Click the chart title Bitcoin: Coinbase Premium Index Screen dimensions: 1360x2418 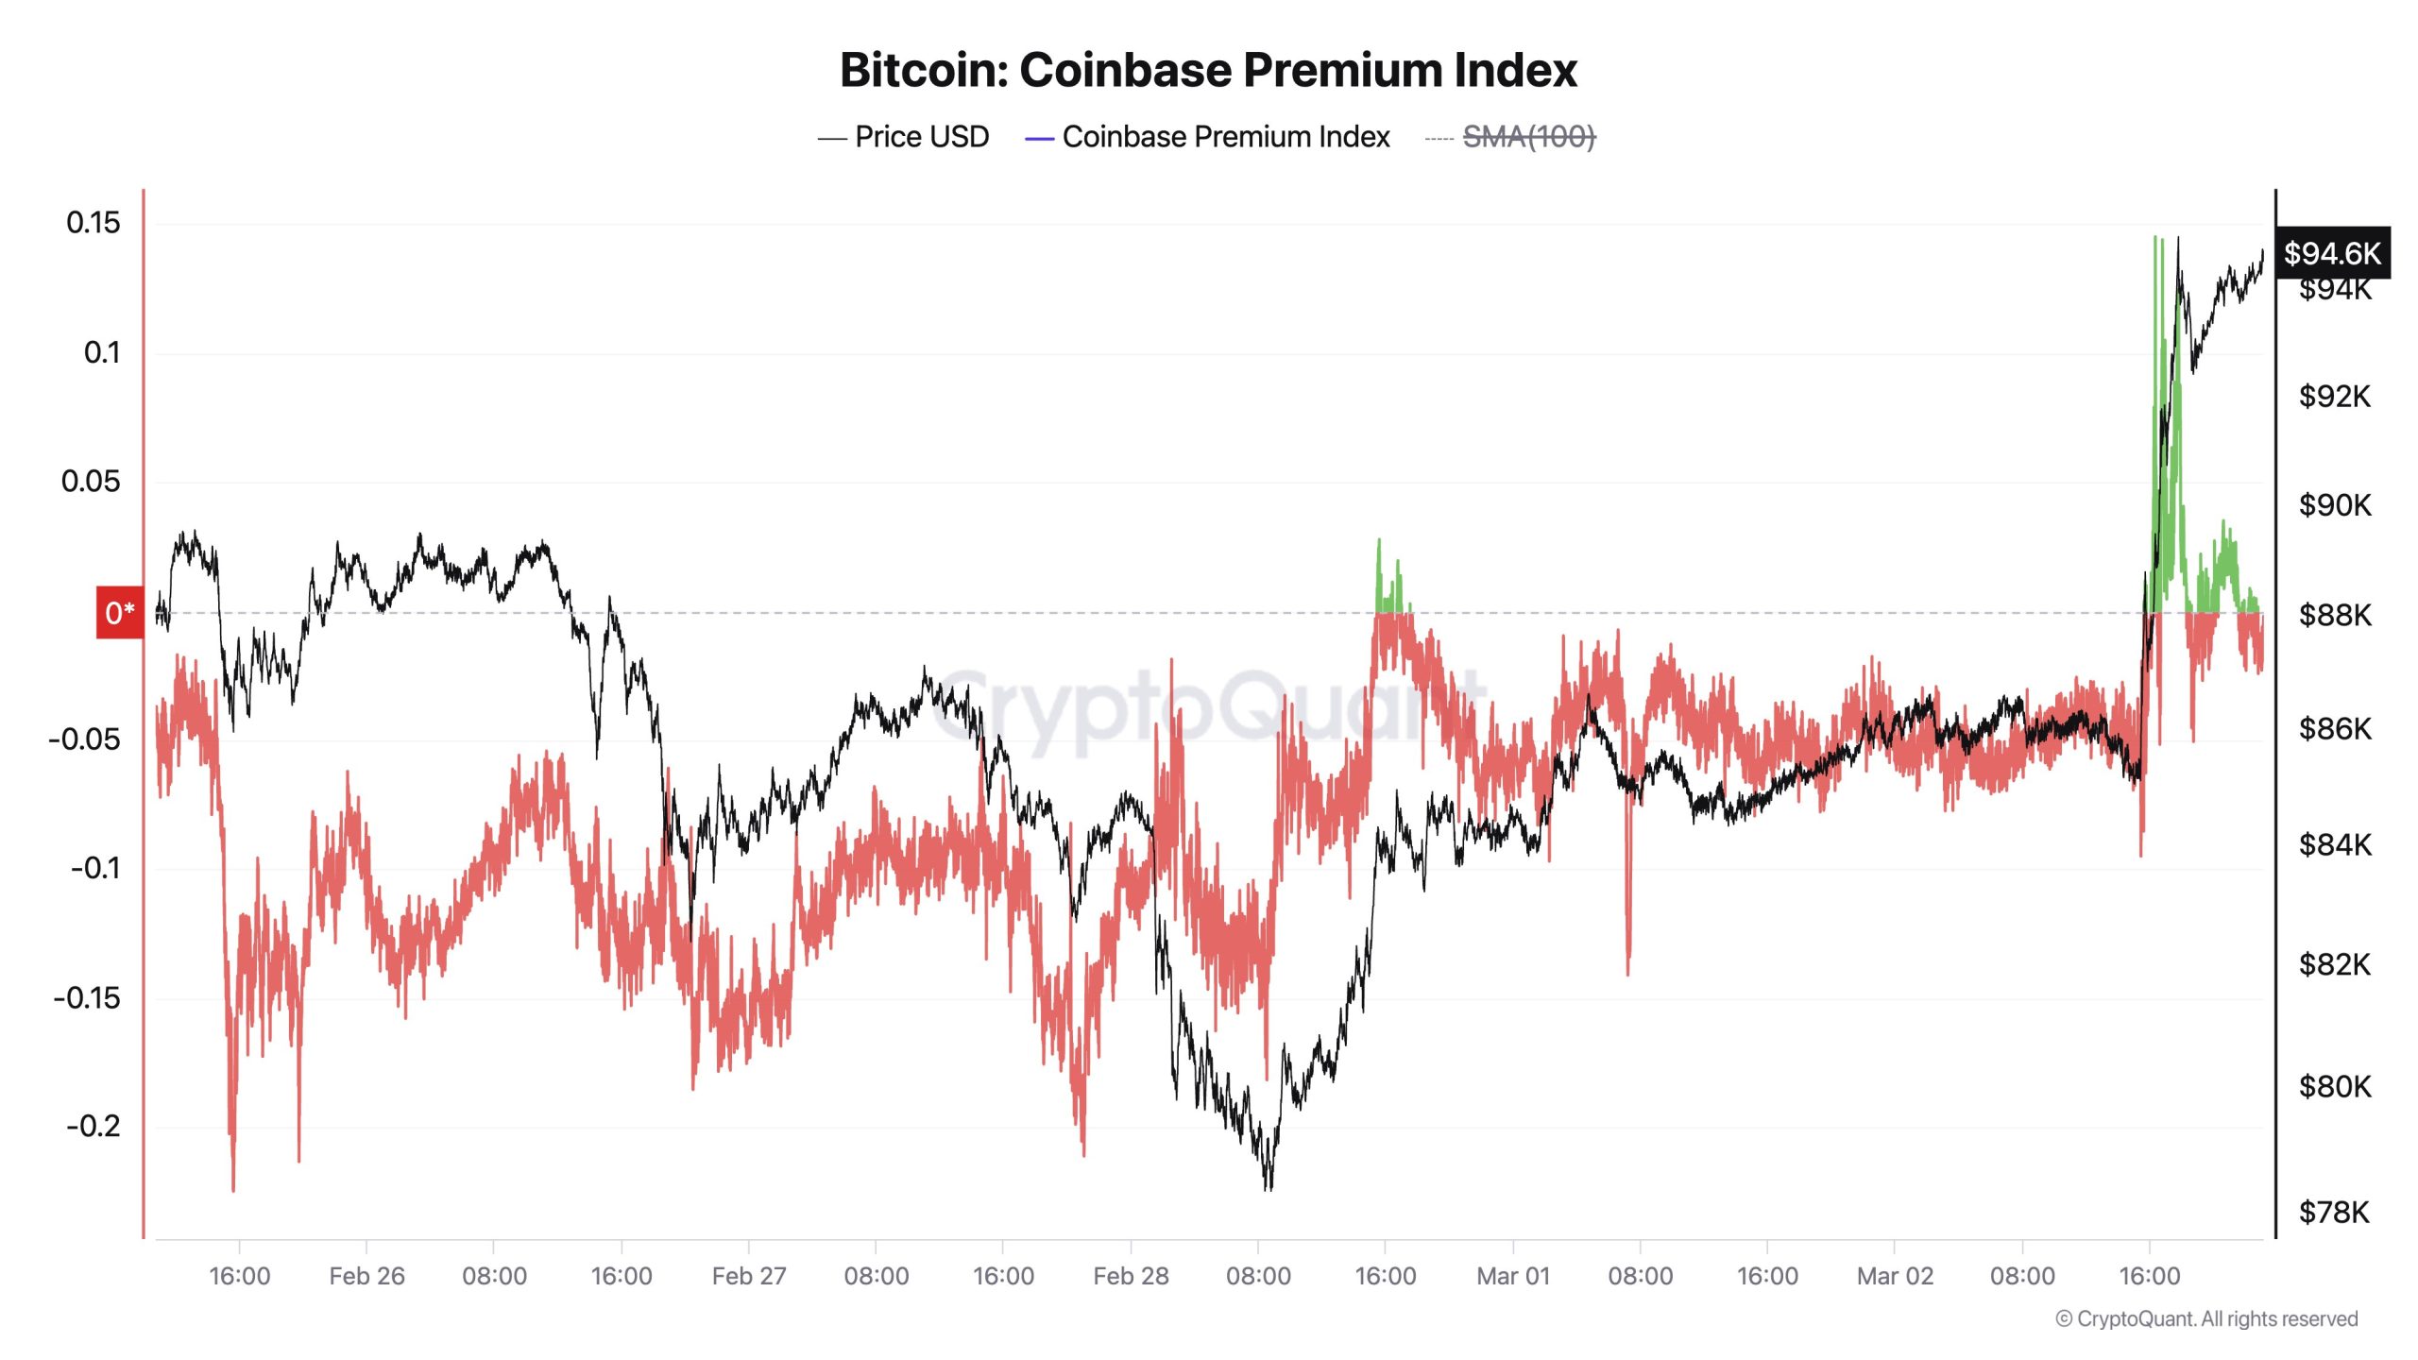[1208, 71]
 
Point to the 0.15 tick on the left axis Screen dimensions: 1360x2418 [93, 223]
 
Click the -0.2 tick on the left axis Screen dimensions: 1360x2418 [93, 1126]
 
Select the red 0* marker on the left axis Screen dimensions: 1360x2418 [120, 613]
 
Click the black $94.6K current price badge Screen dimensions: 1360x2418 [2332, 253]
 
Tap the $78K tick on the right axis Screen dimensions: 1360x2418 [2334, 1212]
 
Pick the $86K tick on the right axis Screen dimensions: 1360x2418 [2334, 728]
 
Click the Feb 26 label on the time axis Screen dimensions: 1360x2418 [366, 1276]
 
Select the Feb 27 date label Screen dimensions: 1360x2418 [749, 1276]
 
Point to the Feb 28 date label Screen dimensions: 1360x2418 [1131, 1276]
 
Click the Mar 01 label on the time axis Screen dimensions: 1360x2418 [1513, 1276]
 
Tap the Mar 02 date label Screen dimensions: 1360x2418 [1895, 1276]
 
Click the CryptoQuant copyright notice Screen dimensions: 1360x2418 [2206, 1318]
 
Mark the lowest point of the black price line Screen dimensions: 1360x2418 [1267, 1189]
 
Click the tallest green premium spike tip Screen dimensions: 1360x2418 [2154, 237]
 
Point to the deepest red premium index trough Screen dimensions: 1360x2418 [233, 1190]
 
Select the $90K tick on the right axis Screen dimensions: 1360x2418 [2334, 505]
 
